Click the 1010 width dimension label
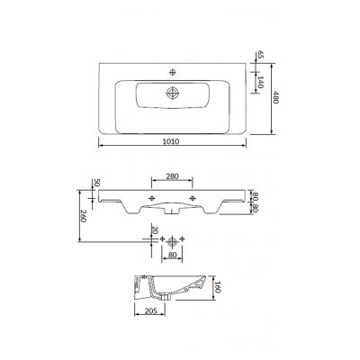171,141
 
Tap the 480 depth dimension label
275,97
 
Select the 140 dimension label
260,82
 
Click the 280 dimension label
172,176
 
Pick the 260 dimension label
84,216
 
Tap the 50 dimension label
96,183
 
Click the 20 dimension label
155,229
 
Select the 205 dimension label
150,311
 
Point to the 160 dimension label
218,287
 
